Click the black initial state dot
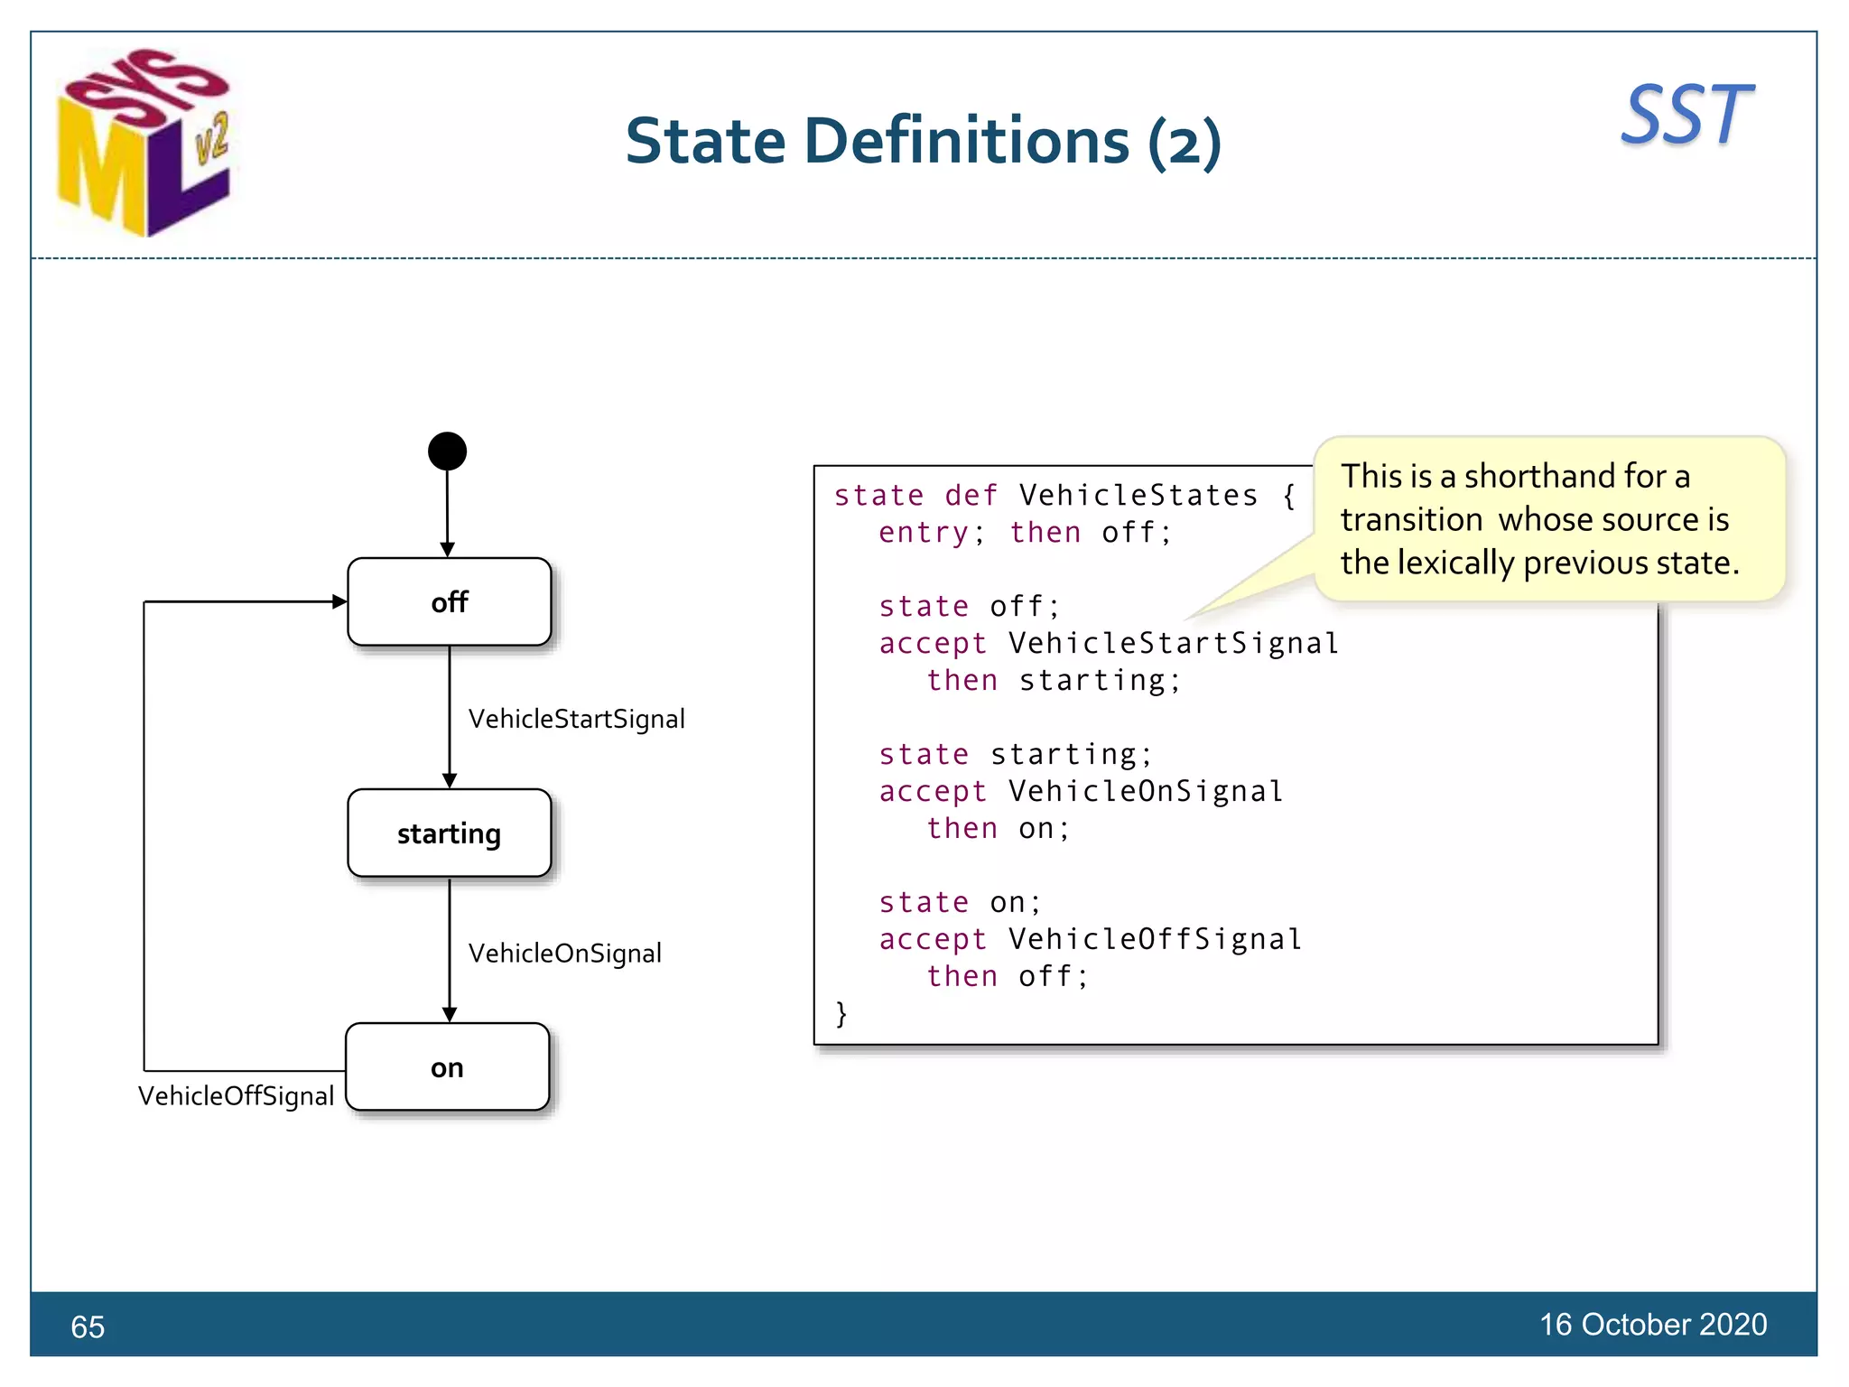447,451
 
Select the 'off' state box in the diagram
449,602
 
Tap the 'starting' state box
449,833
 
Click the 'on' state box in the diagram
447,1067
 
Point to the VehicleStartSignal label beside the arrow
576,719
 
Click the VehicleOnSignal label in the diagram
564,953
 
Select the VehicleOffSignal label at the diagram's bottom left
236,1095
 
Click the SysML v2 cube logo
144,143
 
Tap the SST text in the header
1686,115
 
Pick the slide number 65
88,1326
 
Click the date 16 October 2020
1652,1324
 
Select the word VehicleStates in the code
1138,496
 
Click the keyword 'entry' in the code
924,533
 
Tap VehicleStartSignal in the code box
1173,643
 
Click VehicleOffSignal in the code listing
1155,939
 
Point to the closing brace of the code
841,1013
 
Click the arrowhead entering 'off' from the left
339,601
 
